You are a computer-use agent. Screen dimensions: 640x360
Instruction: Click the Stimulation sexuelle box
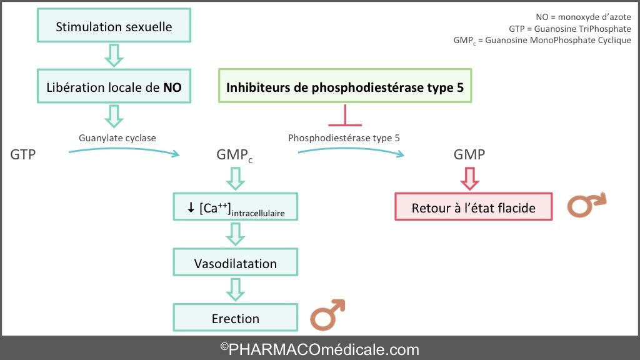(x=114, y=25)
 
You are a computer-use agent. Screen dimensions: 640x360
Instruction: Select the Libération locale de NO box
(x=114, y=86)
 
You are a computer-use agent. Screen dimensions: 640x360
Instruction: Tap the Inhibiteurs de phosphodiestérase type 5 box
(x=345, y=86)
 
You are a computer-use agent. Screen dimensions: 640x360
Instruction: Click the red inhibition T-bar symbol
(x=345, y=115)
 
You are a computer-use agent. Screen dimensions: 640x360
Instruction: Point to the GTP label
(x=23, y=154)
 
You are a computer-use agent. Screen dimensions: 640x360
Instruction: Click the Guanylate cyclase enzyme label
(x=117, y=138)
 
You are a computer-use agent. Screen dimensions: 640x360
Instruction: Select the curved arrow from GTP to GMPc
(x=124, y=149)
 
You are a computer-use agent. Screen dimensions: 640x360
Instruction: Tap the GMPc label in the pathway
(x=234, y=155)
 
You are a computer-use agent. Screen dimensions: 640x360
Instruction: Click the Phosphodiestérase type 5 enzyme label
(x=344, y=138)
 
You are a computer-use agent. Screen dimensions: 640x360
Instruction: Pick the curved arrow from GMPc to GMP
(x=351, y=149)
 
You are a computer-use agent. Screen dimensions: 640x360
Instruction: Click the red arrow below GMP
(x=469, y=179)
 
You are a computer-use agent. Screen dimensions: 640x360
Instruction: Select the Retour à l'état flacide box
(x=474, y=206)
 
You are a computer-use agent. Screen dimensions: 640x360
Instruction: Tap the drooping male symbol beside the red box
(x=586, y=204)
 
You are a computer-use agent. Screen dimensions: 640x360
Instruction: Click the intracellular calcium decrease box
(x=236, y=206)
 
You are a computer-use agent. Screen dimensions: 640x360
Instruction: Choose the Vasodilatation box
(x=236, y=262)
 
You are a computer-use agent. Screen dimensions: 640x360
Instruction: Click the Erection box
(x=236, y=317)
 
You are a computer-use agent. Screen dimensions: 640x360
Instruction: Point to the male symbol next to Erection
(x=327, y=315)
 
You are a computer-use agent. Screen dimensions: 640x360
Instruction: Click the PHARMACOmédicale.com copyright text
(x=319, y=349)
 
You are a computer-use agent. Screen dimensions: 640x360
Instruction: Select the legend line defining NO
(x=583, y=17)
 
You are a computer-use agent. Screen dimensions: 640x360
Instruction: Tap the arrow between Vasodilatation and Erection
(x=236, y=289)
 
